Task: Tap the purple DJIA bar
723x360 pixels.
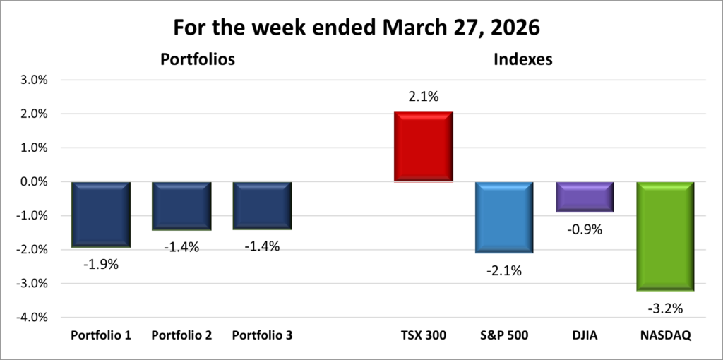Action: (584, 196)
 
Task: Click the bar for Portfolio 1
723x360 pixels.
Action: (100, 214)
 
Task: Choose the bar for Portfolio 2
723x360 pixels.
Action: (181, 205)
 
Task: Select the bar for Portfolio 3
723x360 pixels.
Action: (262, 205)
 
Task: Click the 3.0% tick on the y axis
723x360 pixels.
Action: (33, 80)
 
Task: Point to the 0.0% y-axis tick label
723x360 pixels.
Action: (33, 182)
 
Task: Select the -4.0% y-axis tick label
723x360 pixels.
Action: (32, 318)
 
